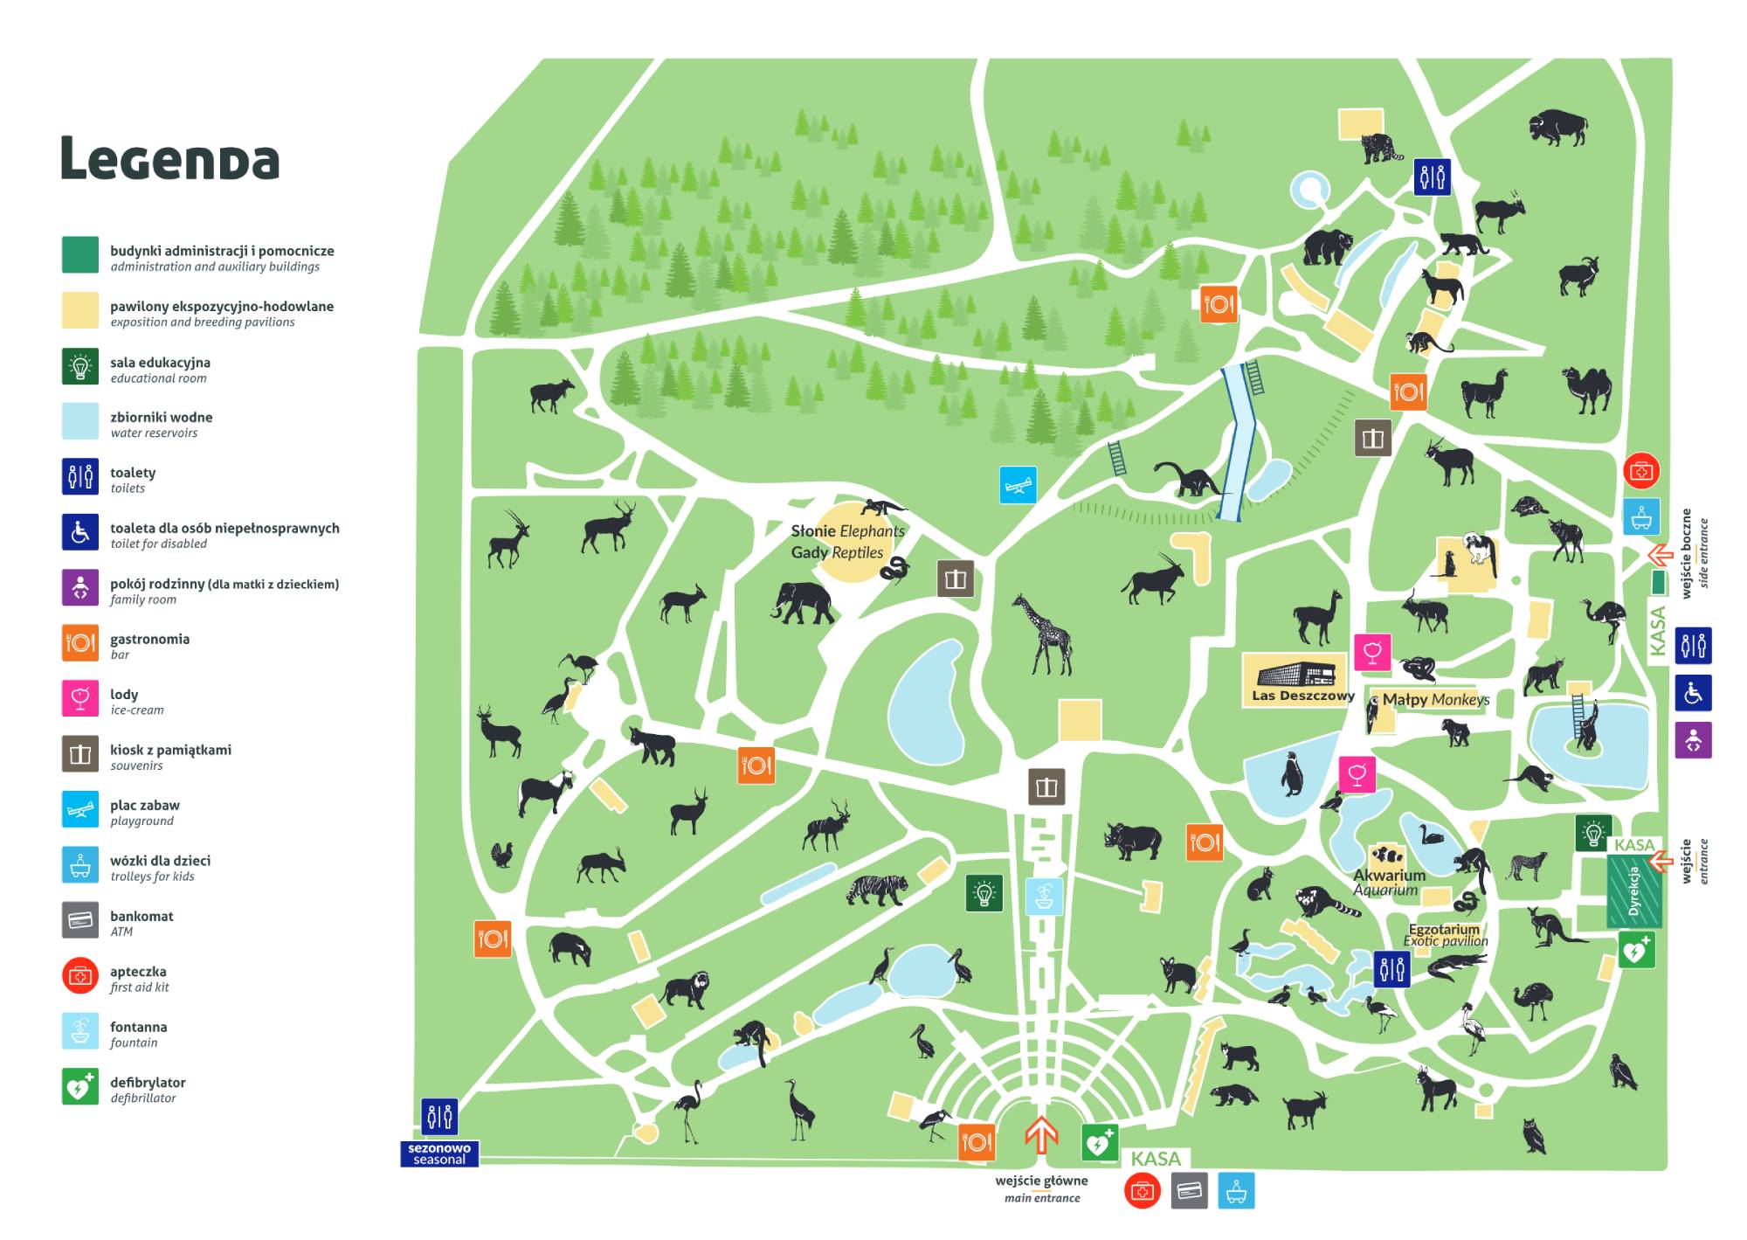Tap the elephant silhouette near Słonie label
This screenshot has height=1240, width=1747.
point(803,603)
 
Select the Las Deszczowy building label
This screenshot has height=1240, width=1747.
point(1302,696)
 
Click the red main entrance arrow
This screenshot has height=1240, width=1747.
point(1040,1134)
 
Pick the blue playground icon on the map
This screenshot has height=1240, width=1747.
point(1018,485)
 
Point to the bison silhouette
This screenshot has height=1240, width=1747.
point(1557,128)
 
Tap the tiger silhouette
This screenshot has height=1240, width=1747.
point(878,890)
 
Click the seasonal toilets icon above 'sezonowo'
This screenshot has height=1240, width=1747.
point(439,1116)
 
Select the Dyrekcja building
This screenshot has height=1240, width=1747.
point(1633,891)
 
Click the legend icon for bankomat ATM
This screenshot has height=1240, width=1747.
point(80,920)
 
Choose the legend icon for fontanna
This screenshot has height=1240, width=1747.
point(80,1031)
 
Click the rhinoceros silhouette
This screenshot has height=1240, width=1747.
point(1133,840)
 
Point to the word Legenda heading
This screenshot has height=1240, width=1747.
point(169,159)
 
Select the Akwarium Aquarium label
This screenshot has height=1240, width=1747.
point(1389,882)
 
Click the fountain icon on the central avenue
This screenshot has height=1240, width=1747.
point(1043,896)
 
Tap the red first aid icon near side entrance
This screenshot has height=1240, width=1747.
point(1641,471)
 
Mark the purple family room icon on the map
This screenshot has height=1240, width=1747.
point(1693,740)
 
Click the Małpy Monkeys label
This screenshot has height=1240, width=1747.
point(1435,699)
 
